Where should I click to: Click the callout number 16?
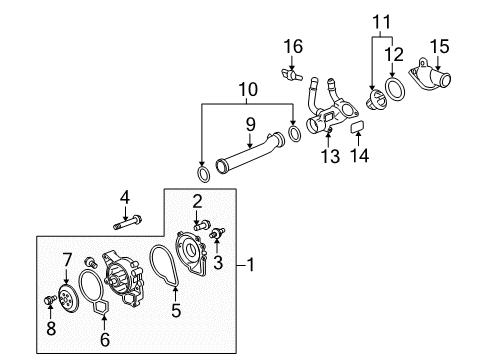point(292,46)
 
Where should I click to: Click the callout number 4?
point(125,196)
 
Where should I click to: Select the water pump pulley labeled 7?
point(67,296)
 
